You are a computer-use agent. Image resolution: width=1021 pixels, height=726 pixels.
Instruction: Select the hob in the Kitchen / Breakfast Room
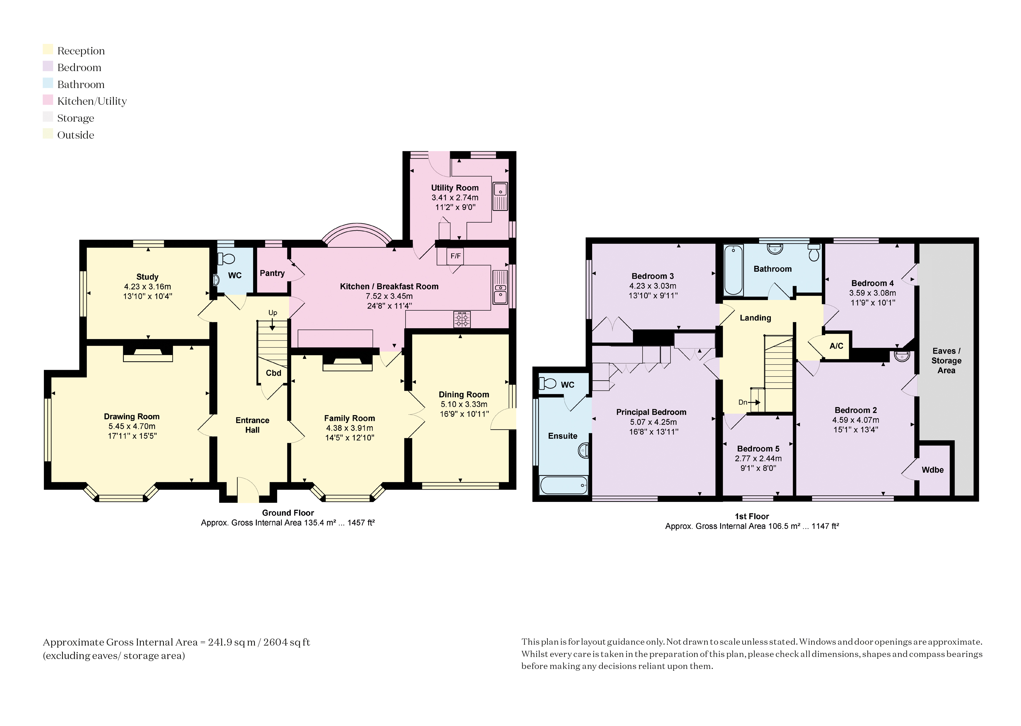point(462,319)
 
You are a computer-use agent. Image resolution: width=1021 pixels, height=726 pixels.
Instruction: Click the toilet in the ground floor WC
point(226,259)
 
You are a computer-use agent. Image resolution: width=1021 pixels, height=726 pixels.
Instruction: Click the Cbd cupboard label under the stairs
point(273,373)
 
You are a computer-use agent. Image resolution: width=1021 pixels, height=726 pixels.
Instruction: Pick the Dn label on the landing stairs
point(742,402)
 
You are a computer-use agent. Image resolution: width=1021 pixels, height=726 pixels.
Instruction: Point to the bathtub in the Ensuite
point(564,485)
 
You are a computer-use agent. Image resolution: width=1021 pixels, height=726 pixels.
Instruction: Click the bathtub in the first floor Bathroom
point(733,270)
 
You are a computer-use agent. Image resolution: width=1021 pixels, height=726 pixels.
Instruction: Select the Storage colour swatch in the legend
point(48,117)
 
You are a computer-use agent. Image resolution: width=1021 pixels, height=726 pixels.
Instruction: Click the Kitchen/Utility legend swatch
point(48,100)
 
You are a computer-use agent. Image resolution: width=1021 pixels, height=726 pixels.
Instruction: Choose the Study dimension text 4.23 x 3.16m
point(147,287)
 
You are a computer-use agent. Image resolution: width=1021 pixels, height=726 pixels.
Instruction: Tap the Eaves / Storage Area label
point(946,361)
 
